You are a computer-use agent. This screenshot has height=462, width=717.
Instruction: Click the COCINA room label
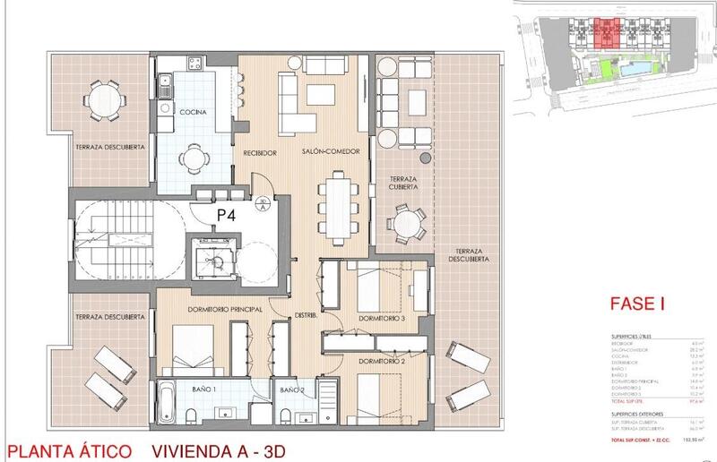[x=193, y=112]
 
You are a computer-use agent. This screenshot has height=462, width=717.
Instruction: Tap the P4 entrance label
[x=226, y=216]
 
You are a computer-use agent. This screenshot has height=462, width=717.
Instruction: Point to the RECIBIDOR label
[x=259, y=153]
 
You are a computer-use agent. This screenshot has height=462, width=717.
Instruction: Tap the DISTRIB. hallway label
[x=309, y=315]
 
